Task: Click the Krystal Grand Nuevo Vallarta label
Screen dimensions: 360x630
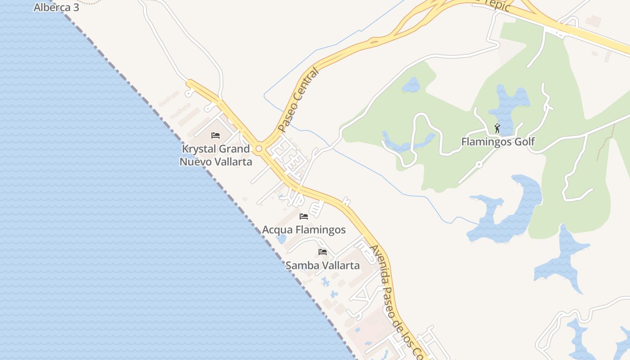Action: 216,155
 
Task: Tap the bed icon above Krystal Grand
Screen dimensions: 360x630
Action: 216,135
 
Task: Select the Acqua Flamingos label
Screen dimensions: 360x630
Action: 304,230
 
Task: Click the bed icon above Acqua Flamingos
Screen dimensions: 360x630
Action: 304,216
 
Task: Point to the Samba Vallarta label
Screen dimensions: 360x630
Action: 323,265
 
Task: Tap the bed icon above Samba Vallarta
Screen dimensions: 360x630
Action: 323,252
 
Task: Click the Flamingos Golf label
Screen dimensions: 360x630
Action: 498,142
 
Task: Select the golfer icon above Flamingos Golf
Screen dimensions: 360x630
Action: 497,128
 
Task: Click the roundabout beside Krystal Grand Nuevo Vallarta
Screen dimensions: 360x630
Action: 259,148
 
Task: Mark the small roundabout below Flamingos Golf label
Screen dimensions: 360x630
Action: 479,165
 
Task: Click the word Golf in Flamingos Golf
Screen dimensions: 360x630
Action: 525,142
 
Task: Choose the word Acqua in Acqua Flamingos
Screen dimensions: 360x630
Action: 277,230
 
